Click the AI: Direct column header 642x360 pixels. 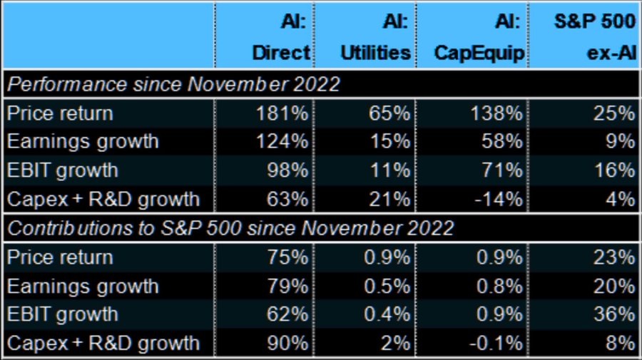pyautogui.click(x=281, y=37)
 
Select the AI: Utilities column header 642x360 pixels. pyautogui.click(x=375, y=37)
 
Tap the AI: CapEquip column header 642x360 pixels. pyautogui.click(x=479, y=37)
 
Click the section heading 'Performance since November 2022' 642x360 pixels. pyautogui.click(x=173, y=84)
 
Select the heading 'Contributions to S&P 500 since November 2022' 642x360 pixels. pyautogui.click(x=230, y=228)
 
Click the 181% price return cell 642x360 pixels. pyautogui.click(x=282, y=113)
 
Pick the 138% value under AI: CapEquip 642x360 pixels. pyautogui.click(x=496, y=113)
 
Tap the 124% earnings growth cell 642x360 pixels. pyautogui.click(x=282, y=142)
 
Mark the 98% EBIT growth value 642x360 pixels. pyautogui.click(x=287, y=170)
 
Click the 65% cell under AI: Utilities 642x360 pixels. pyautogui.click(x=389, y=113)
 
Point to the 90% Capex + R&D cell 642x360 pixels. pyautogui.click(x=287, y=343)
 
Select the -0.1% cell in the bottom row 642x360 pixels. pyautogui.click(x=496, y=343)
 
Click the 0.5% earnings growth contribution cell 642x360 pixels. pyautogui.click(x=387, y=286)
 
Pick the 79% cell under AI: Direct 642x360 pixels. pyautogui.click(x=287, y=286)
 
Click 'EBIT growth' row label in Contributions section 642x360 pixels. pyautogui.click(x=63, y=314)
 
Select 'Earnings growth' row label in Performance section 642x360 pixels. pyautogui.click(x=83, y=142)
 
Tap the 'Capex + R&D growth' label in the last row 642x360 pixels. pyautogui.click(x=103, y=343)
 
